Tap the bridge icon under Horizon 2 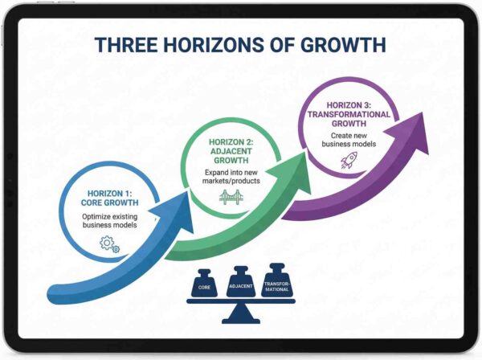(231, 195)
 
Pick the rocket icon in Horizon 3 (349, 160)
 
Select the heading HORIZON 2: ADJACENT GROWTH (231, 148)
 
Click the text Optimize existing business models (109, 221)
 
